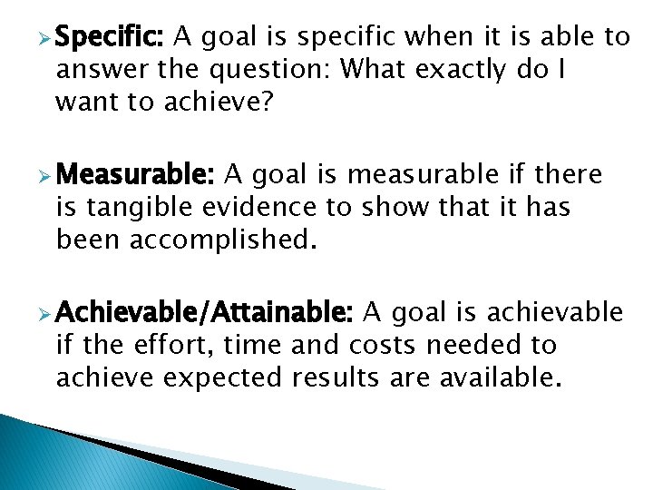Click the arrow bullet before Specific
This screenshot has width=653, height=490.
point(41,38)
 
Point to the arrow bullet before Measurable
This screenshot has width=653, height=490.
point(41,174)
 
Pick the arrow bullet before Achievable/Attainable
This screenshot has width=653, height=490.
point(41,314)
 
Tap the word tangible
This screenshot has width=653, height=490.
point(138,208)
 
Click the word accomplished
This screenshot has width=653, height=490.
point(223,240)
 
